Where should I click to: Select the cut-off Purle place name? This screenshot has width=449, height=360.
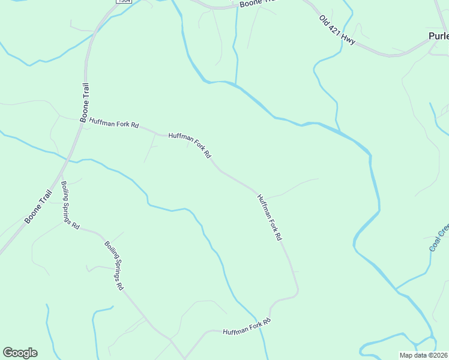(x=438, y=36)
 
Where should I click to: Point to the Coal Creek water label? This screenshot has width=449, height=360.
(x=439, y=238)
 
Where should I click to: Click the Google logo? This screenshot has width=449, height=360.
(x=20, y=353)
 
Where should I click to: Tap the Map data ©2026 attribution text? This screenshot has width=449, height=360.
(x=423, y=355)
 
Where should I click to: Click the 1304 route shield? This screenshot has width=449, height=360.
(x=124, y=2)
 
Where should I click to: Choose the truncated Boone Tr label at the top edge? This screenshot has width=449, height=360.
(x=256, y=3)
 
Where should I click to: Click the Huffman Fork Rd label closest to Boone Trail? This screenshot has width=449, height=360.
(x=114, y=123)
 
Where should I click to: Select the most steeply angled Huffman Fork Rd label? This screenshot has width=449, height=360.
(x=269, y=217)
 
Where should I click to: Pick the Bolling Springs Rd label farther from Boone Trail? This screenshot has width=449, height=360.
(x=113, y=265)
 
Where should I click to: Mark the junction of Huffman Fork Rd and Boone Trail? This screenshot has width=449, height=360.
(x=81, y=120)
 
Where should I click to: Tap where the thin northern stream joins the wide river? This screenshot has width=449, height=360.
(x=236, y=84)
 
